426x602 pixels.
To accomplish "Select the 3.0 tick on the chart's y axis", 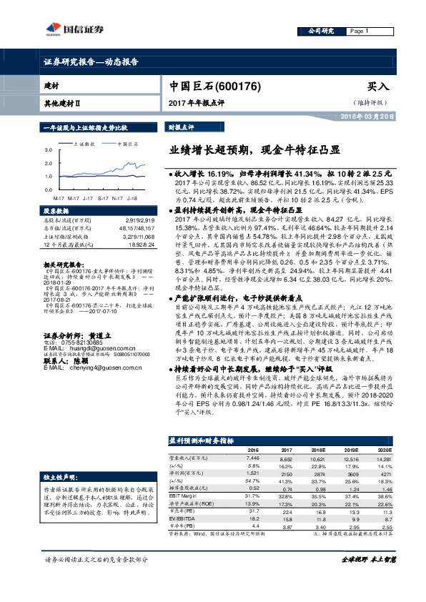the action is click(48, 151).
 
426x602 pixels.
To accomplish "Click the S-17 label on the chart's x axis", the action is click(103, 197).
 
